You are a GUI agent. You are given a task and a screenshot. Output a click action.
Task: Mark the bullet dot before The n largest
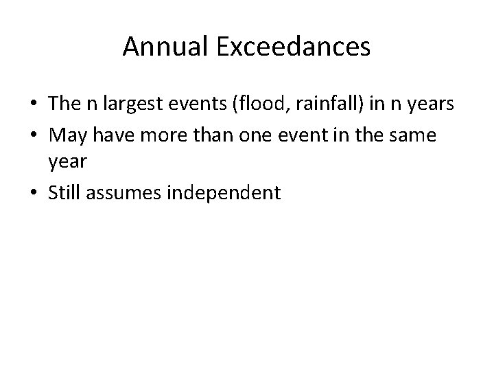click(x=36, y=104)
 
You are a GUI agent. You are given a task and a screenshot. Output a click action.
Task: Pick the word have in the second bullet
click(x=113, y=136)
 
